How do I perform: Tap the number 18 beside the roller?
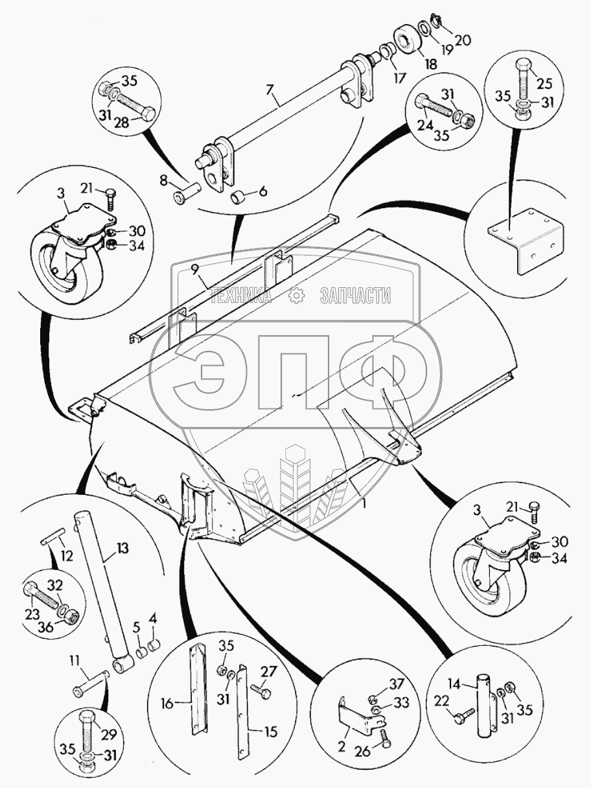(x=431, y=64)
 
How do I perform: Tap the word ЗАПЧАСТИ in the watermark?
(x=355, y=296)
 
